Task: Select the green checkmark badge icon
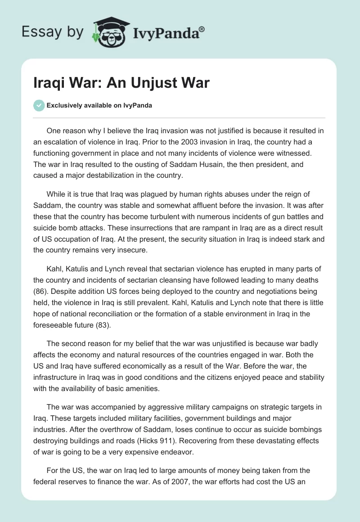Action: tap(39, 106)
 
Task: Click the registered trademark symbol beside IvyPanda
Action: tap(202, 29)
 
